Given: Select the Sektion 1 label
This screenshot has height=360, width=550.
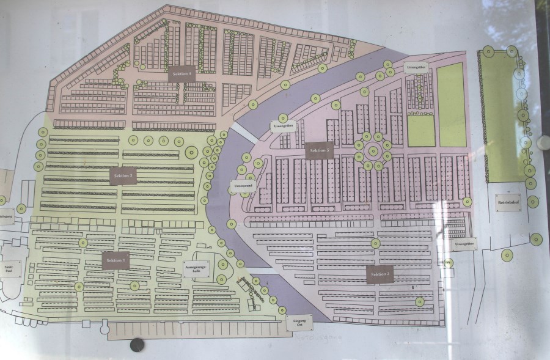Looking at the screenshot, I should pyautogui.click(x=116, y=261).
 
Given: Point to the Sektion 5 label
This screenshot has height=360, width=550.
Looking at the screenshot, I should pyautogui.click(x=320, y=150).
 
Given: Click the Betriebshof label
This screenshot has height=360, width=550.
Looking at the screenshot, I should pyautogui.click(x=509, y=202).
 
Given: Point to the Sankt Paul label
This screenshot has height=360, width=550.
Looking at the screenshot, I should pyautogui.click(x=9, y=268).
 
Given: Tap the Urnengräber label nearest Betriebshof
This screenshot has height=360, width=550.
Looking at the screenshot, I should pyautogui.click(x=466, y=244).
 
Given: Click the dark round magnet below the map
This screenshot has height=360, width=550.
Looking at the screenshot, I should pyautogui.click(x=137, y=345).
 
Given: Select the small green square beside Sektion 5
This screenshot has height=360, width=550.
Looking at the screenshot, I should pyautogui.click(x=421, y=131).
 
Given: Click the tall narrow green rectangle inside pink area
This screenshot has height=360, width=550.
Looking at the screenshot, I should pyautogui.click(x=452, y=105).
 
